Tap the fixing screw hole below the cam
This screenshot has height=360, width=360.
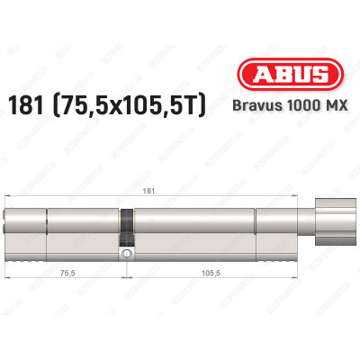(128, 254)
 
